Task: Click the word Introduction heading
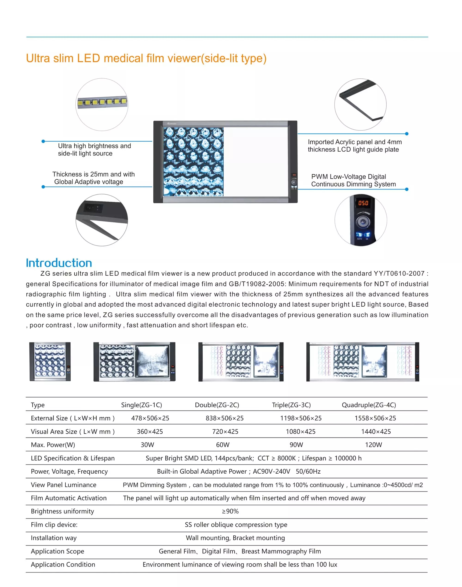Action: [x=59, y=263]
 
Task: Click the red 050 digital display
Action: [x=363, y=203]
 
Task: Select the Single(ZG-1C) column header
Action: [x=141, y=405]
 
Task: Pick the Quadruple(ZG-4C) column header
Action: [x=369, y=405]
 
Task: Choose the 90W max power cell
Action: [x=296, y=445]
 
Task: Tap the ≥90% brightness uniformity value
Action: [x=230, y=511]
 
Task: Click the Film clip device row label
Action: [x=54, y=525]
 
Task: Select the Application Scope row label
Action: [x=57, y=551]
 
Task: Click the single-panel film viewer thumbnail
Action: [x=50, y=362]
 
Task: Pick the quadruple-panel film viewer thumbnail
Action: [x=362, y=362]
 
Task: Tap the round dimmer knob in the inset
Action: [x=362, y=222]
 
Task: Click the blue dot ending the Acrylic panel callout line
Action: [x=407, y=134]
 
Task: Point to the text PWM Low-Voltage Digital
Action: [x=348, y=177]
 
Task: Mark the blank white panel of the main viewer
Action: [x=256, y=162]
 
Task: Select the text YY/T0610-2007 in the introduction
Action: [x=399, y=273]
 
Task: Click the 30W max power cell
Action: [x=147, y=445]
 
